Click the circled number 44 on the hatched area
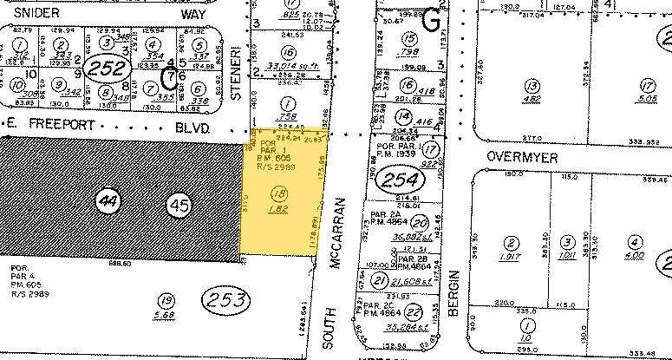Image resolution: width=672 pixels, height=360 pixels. [108, 201]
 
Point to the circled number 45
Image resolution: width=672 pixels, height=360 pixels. [179, 206]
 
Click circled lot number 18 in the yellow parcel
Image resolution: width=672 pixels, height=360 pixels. [279, 193]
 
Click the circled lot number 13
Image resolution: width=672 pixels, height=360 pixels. [532, 85]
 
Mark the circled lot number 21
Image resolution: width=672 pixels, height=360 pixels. [379, 279]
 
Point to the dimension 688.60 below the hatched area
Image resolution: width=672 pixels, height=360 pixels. [132, 266]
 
